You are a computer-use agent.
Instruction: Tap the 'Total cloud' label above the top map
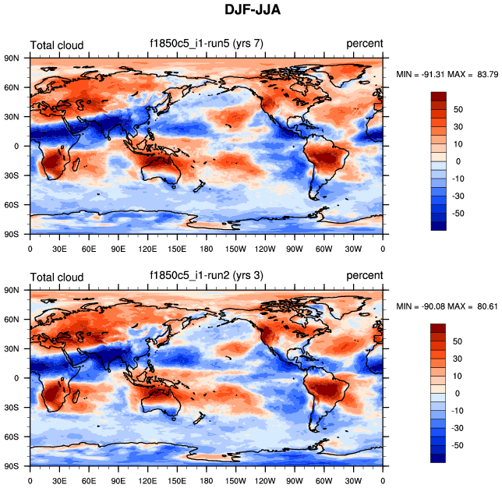pos(56,45)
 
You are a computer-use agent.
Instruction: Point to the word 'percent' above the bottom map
pos(364,276)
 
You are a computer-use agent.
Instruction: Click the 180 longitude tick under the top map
pos(207,249)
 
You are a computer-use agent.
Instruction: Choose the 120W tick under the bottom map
pos(265,481)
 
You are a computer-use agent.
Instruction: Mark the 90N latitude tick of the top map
pos(12,58)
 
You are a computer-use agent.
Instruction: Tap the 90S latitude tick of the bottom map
pos(12,465)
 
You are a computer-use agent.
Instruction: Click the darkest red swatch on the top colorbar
pos(439,96)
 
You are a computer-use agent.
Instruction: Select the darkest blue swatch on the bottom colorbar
pos(439,458)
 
